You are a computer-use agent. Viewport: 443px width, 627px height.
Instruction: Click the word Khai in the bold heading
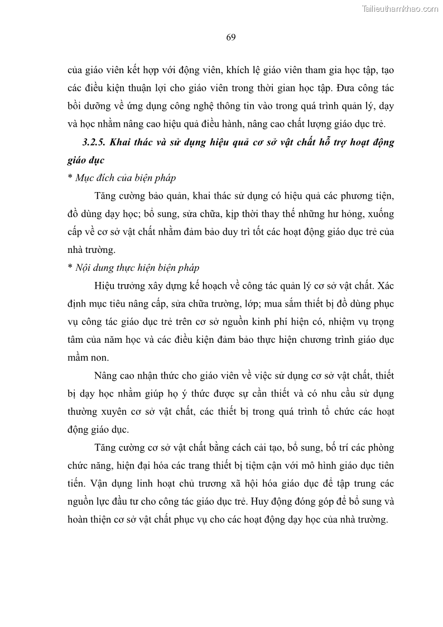[x=119, y=142]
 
